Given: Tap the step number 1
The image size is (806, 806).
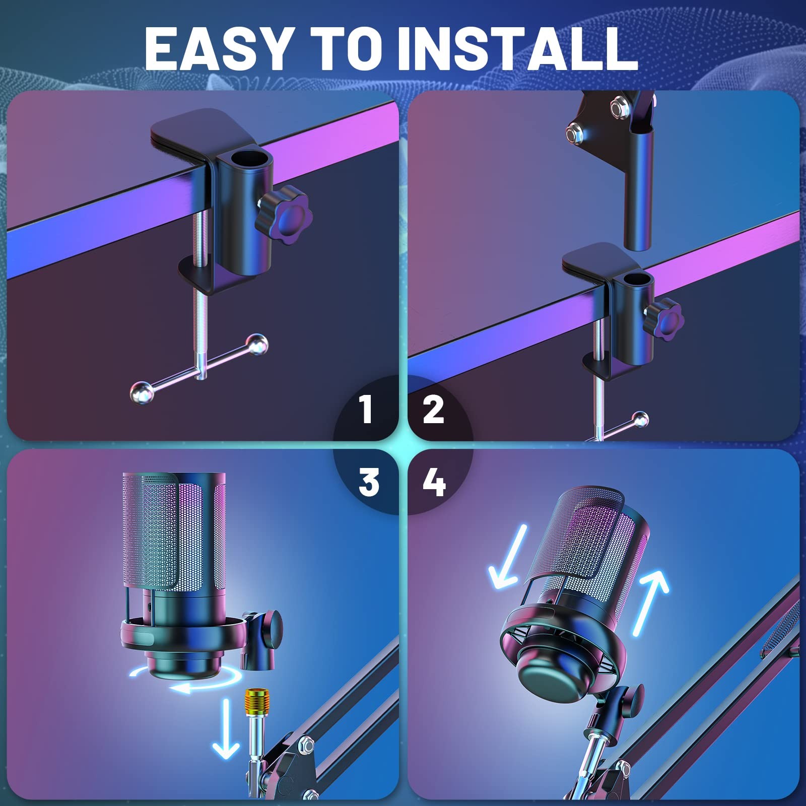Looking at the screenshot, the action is [366, 409].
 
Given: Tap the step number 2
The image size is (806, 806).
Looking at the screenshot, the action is [433, 409].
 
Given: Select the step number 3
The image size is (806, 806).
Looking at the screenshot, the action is [369, 482].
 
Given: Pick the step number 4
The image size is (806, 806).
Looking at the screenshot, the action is [434, 482].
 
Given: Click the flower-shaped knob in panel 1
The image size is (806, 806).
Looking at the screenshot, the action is [285, 215].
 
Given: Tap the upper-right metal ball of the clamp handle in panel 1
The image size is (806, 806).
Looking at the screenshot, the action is [258, 344].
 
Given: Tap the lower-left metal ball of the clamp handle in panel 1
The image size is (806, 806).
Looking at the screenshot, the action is [141, 392].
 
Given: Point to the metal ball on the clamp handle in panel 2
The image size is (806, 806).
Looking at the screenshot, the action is [640, 419].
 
